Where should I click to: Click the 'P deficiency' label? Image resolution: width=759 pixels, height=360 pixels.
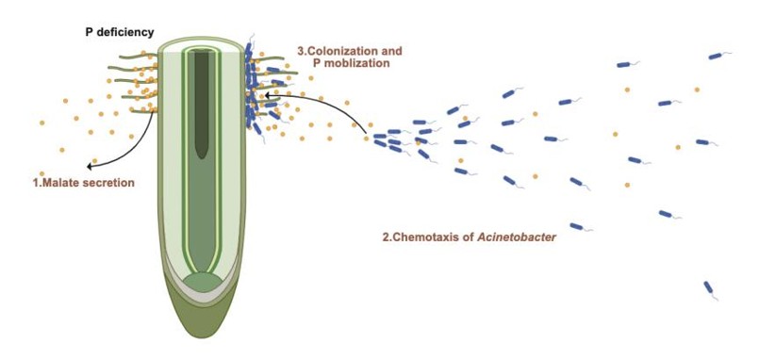[120, 32]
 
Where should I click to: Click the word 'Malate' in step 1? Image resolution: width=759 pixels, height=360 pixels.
[58, 183]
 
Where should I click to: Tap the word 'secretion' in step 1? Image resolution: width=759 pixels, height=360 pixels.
[107, 183]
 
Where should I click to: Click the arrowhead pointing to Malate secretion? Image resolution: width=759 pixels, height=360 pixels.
[90, 167]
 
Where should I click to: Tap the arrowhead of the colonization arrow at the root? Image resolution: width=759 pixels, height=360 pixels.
[266, 95]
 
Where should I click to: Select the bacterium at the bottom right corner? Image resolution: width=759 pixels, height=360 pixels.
[709, 289]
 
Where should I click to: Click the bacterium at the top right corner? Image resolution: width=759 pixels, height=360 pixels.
[717, 57]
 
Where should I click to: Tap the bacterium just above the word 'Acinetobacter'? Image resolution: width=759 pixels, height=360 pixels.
[577, 226]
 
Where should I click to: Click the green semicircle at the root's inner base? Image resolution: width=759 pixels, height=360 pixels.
[204, 282]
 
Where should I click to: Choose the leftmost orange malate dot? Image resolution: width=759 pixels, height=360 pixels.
[42, 123]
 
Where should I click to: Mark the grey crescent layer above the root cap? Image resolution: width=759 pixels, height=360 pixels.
[202, 296]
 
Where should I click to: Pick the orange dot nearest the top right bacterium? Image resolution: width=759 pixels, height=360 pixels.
[697, 90]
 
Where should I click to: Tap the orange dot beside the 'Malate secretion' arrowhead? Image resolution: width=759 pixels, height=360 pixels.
[94, 160]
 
